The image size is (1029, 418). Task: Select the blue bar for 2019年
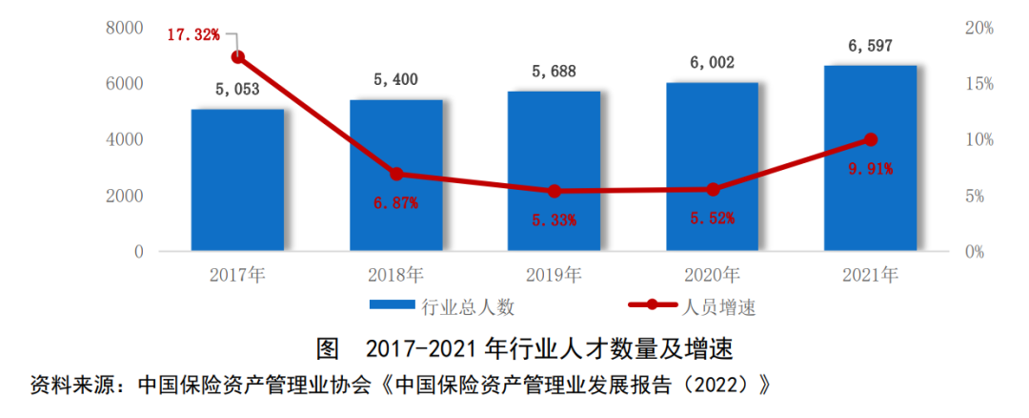(554, 171)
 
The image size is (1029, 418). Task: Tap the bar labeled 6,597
(870, 157)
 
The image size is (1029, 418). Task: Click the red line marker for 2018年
(396, 174)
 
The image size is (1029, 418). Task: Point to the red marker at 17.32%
(238, 57)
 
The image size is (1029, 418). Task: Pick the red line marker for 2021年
(870, 139)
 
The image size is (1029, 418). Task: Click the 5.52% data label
(712, 219)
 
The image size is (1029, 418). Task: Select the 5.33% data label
(554, 220)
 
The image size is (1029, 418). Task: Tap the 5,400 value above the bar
(395, 80)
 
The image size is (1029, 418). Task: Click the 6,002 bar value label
(712, 63)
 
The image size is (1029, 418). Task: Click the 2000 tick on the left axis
(125, 196)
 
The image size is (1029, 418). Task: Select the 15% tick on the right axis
(978, 84)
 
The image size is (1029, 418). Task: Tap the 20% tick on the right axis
(978, 28)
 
